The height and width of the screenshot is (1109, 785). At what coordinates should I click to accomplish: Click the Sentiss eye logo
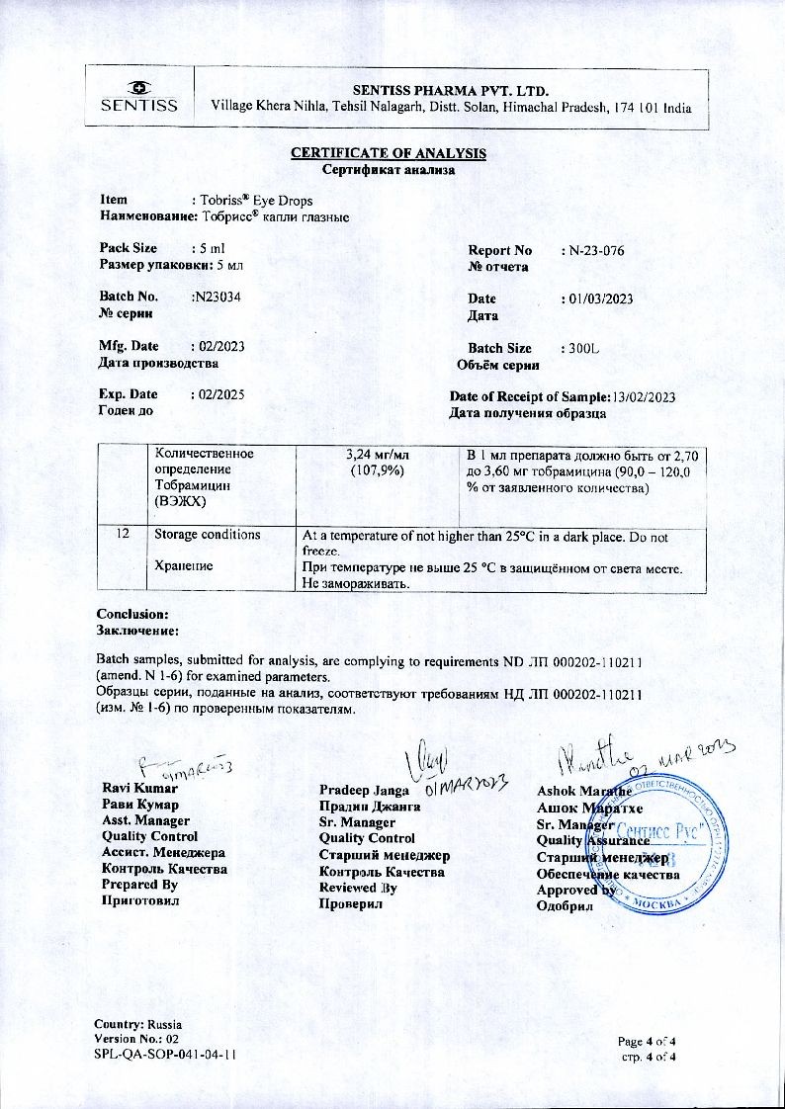click(x=138, y=86)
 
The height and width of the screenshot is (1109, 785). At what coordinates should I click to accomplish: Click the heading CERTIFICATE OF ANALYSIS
click(x=388, y=153)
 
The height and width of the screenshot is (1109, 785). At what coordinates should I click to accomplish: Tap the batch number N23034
click(x=218, y=298)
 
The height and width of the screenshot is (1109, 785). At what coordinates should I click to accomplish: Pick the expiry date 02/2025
click(x=218, y=394)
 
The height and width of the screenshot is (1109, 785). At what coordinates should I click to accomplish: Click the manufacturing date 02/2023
click(x=218, y=346)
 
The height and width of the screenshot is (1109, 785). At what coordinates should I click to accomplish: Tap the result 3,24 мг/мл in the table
click(x=378, y=456)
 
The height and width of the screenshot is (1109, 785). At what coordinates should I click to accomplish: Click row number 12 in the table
click(x=123, y=534)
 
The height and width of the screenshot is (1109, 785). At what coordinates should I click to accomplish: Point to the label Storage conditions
click(x=208, y=535)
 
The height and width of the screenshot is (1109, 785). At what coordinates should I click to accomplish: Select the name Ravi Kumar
click(x=140, y=789)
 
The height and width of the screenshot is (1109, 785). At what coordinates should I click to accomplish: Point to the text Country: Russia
click(x=138, y=1024)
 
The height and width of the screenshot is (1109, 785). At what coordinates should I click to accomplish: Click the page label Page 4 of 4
click(x=647, y=1041)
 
